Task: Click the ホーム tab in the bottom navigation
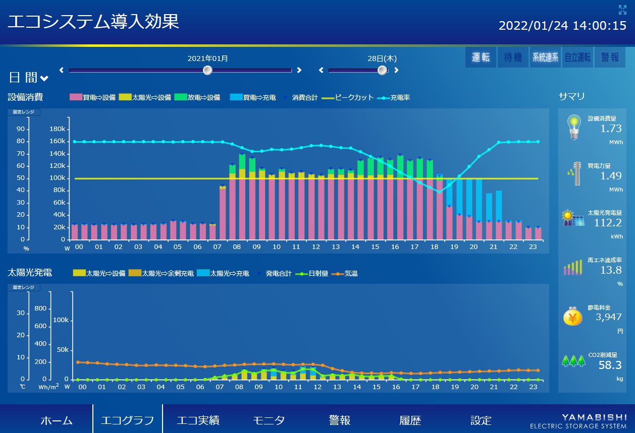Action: [57, 420]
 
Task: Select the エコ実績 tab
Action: [198, 420]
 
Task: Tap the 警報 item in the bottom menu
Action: [339, 420]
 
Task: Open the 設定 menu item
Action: [481, 420]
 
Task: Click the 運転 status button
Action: [481, 57]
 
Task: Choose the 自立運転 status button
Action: [577, 57]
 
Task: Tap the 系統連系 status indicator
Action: [545, 57]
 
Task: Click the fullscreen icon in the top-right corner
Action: [622, 10]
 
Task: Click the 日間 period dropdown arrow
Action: [44, 78]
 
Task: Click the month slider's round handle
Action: [207, 70]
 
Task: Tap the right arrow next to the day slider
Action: [396, 70]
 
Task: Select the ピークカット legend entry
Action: [348, 97]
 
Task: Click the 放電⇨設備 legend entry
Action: [197, 97]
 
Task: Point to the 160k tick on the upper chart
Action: [58, 142]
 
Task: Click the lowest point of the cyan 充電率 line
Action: [439, 192]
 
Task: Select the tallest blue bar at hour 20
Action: [469, 199]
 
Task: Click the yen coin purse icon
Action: [573, 317]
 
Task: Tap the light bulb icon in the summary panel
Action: [573, 127]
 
